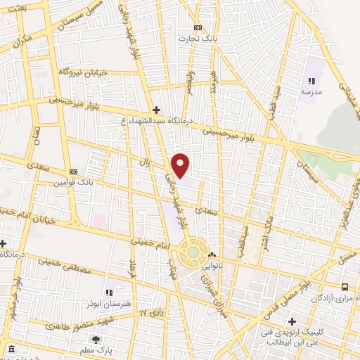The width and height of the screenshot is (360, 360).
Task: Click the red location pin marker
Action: [x=181, y=165]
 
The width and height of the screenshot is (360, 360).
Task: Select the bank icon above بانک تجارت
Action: [x=198, y=28]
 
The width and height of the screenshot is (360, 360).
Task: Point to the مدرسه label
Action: [x=311, y=91]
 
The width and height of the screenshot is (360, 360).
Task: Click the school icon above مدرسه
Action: [x=311, y=82]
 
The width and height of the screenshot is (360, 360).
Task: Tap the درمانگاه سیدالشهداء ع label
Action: [x=155, y=120]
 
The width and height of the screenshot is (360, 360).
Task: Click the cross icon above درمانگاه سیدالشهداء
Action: [x=156, y=110]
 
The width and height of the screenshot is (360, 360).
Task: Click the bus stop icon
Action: [x=344, y=287]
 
